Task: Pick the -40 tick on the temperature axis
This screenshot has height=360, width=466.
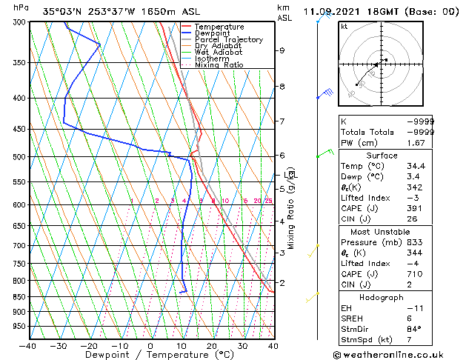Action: click(28, 346)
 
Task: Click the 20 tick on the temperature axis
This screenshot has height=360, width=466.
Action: click(212, 346)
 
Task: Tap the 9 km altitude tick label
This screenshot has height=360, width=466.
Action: click(282, 50)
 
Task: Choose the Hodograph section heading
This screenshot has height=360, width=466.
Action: click(382, 297)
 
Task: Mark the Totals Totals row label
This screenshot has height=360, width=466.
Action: click(365, 132)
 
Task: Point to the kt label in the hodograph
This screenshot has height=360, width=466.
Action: click(344, 26)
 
